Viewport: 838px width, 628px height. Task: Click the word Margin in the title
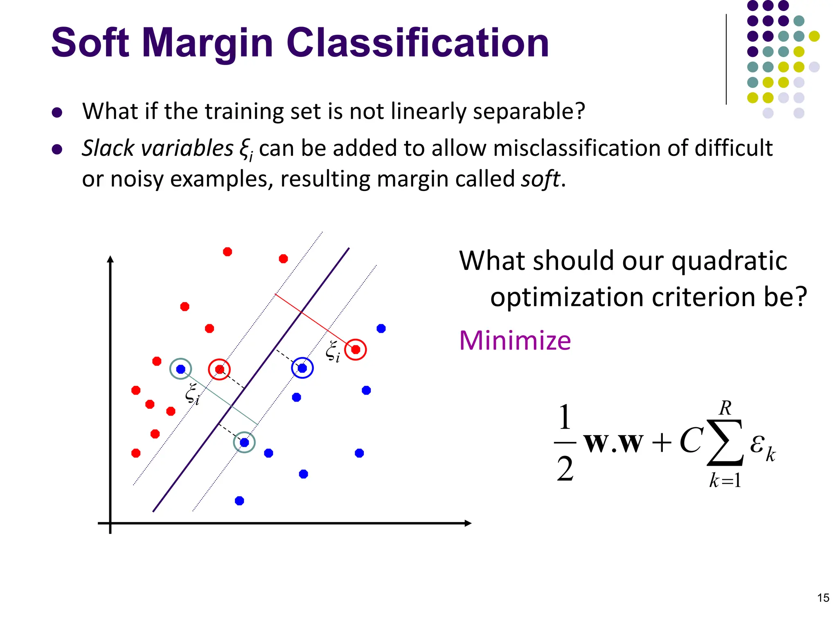207,43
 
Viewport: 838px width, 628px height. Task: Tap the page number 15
823,598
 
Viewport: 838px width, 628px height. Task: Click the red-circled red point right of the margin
356,350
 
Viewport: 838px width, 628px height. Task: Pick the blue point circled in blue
302,368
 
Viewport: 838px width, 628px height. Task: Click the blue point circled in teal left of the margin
181,369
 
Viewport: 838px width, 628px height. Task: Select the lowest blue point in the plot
239,501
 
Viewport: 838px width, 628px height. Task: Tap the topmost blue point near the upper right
381,328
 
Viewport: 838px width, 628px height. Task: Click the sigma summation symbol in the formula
725,443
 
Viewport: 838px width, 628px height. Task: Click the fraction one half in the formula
565,442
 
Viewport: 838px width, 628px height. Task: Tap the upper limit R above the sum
725,408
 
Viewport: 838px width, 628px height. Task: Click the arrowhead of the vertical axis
110,259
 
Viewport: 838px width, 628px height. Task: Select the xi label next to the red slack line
332,352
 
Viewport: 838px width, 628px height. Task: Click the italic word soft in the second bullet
540,179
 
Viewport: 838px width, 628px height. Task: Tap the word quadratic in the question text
729,260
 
